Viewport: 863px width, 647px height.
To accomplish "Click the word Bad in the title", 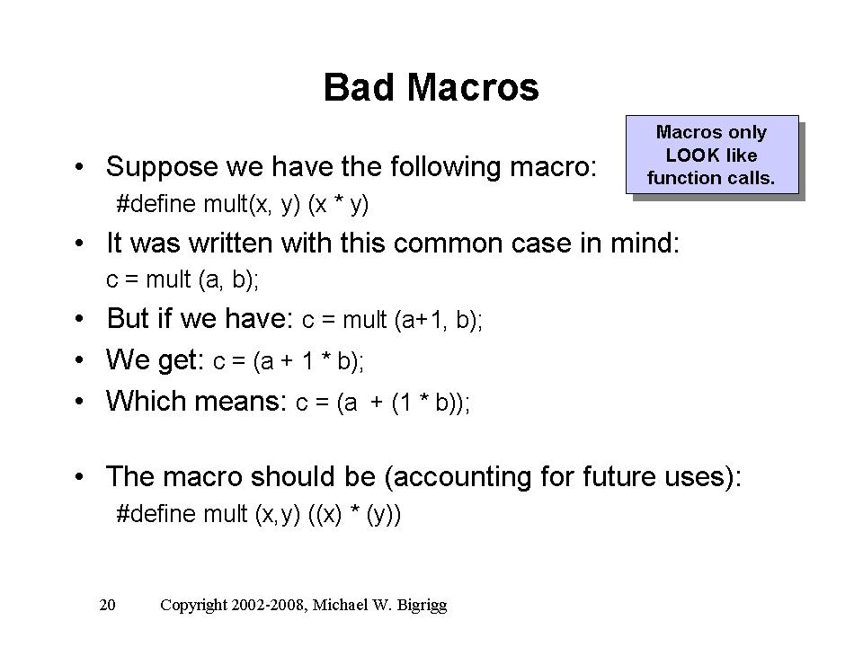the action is [x=359, y=87].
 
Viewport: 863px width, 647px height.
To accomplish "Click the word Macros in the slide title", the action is [x=473, y=87].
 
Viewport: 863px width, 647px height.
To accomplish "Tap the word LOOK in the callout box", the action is [x=692, y=155].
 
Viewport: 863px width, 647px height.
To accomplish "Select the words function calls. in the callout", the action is [x=710, y=178].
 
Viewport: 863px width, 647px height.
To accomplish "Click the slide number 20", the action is [x=107, y=605].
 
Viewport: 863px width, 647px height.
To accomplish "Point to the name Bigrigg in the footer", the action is [x=422, y=606].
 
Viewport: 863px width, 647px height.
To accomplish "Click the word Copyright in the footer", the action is [x=193, y=606].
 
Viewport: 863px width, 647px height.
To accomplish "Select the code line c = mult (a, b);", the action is [x=182, y=280].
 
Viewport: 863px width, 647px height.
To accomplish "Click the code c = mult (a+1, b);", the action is [x=392, y=320].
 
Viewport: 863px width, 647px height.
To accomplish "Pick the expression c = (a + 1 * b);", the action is [x=289, y=361].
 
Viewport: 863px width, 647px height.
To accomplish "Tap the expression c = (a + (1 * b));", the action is [x=383, y=403].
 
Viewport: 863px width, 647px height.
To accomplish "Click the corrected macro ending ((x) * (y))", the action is [x=354, y=514].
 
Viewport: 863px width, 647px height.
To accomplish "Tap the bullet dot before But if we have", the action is [x=79, y=318].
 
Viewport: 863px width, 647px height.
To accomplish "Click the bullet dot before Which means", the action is [x=79, y=401].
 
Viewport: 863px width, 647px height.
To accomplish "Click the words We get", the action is [x=155, y=360].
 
